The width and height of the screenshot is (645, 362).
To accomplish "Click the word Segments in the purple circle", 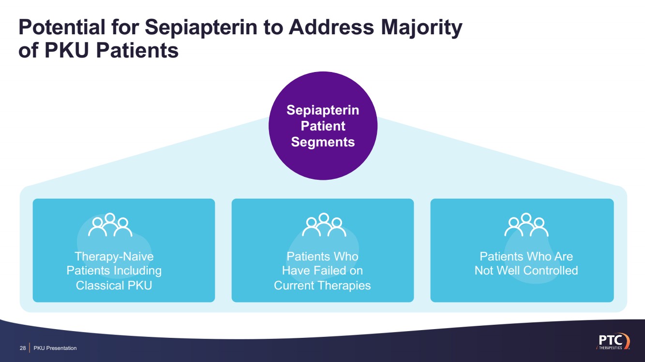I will (x=323, y=142).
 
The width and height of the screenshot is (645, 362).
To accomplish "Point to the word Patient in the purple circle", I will (x=323, y=126).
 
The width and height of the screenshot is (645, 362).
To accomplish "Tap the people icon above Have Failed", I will (x=323, y=225).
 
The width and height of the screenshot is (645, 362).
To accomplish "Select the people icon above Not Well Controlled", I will (x=526, y=225).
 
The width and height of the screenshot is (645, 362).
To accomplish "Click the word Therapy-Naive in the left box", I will (x=114, y=256).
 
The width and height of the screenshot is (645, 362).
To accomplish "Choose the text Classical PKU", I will (x=114, y=285).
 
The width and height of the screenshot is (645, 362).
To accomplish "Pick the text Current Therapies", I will (x=322, y=285).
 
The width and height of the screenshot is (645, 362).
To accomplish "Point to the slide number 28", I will (x=22, y=348).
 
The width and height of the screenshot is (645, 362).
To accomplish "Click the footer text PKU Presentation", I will (x=55, y=348).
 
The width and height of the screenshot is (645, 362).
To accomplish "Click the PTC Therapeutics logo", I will (x=612, y=341).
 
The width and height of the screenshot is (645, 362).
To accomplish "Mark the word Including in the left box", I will (x=137, y=271).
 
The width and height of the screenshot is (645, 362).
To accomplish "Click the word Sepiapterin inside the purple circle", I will (x=323, y=110).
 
